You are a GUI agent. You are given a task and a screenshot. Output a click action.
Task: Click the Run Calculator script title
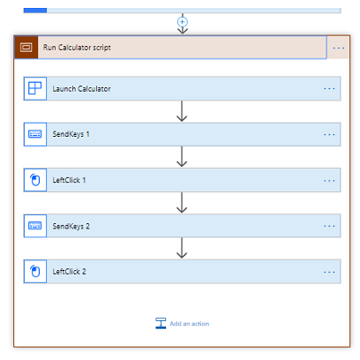[77, 48]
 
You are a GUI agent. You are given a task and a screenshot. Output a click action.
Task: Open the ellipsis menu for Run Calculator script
[339, 48]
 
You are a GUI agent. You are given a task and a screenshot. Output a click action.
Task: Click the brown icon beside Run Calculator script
[26, 47]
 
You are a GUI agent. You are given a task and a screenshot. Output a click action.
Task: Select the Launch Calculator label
[81, 89]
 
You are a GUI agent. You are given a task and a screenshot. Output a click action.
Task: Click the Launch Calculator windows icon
[35, 88]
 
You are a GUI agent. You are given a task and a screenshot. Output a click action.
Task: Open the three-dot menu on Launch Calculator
[329, 88]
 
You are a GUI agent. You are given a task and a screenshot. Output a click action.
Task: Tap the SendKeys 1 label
[71, 134]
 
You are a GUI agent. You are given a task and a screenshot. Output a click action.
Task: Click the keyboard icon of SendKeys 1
[35, 134]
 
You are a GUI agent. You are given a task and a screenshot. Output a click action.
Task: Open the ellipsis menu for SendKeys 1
[329, 135]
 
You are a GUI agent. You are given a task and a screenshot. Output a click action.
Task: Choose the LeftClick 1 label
[69, 180]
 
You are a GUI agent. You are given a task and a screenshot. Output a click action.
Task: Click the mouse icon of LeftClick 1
[35, 180]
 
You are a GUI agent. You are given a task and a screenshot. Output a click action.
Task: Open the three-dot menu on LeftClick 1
[329, 181]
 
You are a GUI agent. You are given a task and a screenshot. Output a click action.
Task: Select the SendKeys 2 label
[71, 226]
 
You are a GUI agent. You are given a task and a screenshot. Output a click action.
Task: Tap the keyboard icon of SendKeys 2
[35, 226]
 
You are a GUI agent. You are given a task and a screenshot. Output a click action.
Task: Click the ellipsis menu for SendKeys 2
[329, 226]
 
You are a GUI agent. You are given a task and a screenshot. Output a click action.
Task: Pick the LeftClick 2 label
[69, 272]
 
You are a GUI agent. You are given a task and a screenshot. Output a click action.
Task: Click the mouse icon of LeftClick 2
[35, 272]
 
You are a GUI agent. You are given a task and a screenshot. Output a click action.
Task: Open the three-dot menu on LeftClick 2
[329, 272]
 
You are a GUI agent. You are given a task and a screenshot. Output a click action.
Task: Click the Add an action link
[190, 324]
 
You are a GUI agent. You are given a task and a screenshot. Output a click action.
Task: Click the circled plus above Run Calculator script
[183, 22]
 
